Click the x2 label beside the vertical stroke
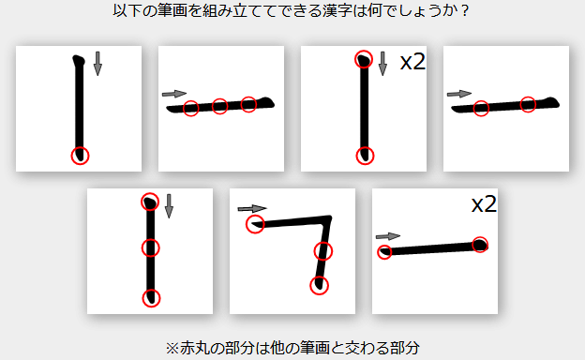pyautogui.click(x=412, y=62)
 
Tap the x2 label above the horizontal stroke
pyautogui.click(x=484, y=204)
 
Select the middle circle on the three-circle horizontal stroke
pyautogui.click(x=219, y=107)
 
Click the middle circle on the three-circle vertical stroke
pyautogui.click(x=151, y=247)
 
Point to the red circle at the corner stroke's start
pyautogui.click(x=255, y=224)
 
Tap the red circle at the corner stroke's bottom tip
pyautogui.click(x=320, y=286)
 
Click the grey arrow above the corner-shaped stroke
pyautogui.click(x=252, y=208)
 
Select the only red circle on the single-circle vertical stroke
pyautogui.click(x=81, y=156)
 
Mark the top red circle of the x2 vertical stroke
pyautogui.click(x=364, y=59)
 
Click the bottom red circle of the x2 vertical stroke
pyautogui.click(x=366, y=156)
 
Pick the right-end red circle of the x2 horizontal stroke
pyautogui.click(x=480, y=245)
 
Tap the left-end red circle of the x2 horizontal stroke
pyautogui.click(x=384, y=252)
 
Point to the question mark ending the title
pyautogui.click(x=464, y=11)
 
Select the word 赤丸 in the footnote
pyautogui.click(x=190, y=349)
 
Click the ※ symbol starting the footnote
pyautogui.click(x=172, y=349)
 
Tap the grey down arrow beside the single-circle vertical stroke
pyautogui.click(x=97, y=64)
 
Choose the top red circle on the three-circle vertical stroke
pyautogui.click(x=150, y=202)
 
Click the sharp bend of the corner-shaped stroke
pyautogui.click(x=328, y=218)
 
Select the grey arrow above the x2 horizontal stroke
pyautogui.click(x=388, y=236)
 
